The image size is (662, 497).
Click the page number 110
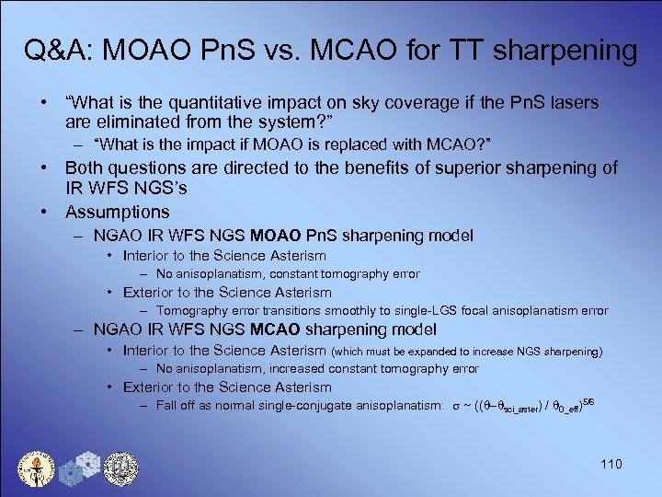pos(611,464)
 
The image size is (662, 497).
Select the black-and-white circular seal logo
pos(120,468)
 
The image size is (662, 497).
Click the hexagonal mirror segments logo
pos(79,469)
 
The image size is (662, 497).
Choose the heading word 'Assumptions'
pos(117,213)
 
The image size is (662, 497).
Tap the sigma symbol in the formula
pos(456,405)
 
